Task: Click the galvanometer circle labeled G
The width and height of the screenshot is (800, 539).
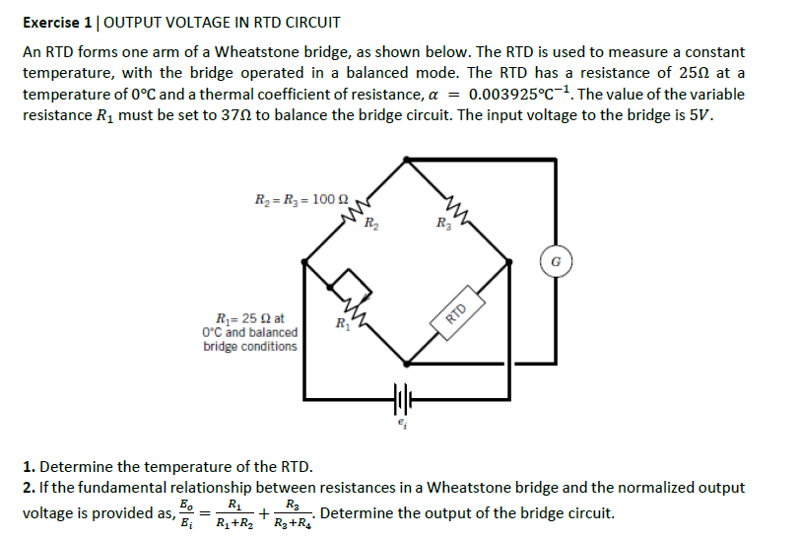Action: pyautogui.click(x=557, y=262)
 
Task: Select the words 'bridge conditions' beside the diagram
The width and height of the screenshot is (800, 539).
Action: pyautogui.click(x=250, y=346)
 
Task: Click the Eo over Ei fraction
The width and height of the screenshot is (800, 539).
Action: pyautogui.click(x=186, y=512)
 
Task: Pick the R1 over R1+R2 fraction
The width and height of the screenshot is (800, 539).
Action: pyautogui.click(x=233, y=512)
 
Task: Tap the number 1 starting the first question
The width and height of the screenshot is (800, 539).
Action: pyautogui.click(x=27, y=466)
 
